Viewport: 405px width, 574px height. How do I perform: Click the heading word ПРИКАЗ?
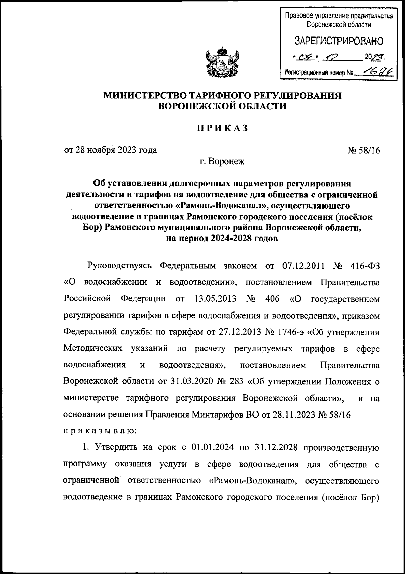[223, 128]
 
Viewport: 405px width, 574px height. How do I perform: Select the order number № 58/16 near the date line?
[363, 150]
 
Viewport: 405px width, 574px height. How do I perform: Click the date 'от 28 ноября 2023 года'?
[110, 150]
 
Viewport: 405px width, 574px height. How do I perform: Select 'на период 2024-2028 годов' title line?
[222, 238]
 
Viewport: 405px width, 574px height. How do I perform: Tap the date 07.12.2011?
[304, 266]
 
